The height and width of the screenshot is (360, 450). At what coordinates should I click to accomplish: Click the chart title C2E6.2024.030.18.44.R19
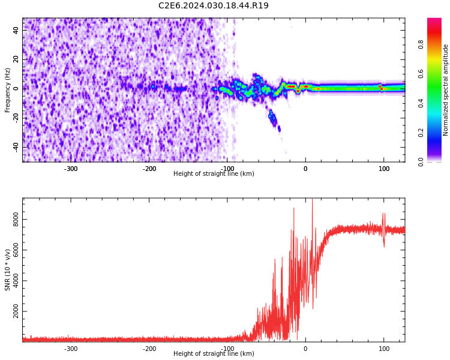[213, 6]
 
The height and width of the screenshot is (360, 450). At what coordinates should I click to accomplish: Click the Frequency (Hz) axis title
[8, 90]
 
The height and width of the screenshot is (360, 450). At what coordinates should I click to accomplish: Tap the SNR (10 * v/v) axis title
[8, 270]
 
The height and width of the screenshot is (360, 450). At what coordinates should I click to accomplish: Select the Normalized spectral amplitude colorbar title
[446, 90]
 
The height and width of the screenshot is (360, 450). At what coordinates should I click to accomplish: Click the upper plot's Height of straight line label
[214, 173]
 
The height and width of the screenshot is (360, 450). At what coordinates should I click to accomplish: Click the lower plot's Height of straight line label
[214, 353]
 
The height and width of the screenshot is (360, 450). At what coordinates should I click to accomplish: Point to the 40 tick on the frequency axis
[16, 30]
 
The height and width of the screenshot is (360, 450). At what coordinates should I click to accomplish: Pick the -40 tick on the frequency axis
[15, 147]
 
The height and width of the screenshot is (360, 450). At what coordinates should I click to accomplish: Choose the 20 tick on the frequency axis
[16, 59]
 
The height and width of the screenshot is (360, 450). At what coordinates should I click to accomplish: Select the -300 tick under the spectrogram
[71, 169]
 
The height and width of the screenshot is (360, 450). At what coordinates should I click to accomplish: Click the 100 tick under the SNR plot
[384, 349]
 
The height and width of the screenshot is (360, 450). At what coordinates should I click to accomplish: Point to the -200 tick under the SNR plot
[149, 349]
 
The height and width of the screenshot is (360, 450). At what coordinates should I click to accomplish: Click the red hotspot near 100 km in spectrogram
[380, 88]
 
